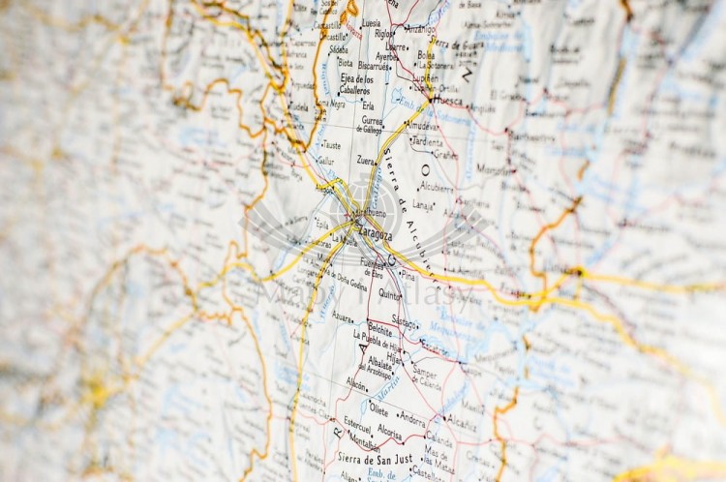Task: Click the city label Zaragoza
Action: (x=373, y=234)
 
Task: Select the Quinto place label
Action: (x=389, y=292)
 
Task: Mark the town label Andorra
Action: (x=412, y=421)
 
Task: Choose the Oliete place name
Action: (x=378, y=409)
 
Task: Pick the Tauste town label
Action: (x=331, y=145)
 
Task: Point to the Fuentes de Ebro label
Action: (x=372, y=266)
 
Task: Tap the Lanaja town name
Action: (x=423, y=204)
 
